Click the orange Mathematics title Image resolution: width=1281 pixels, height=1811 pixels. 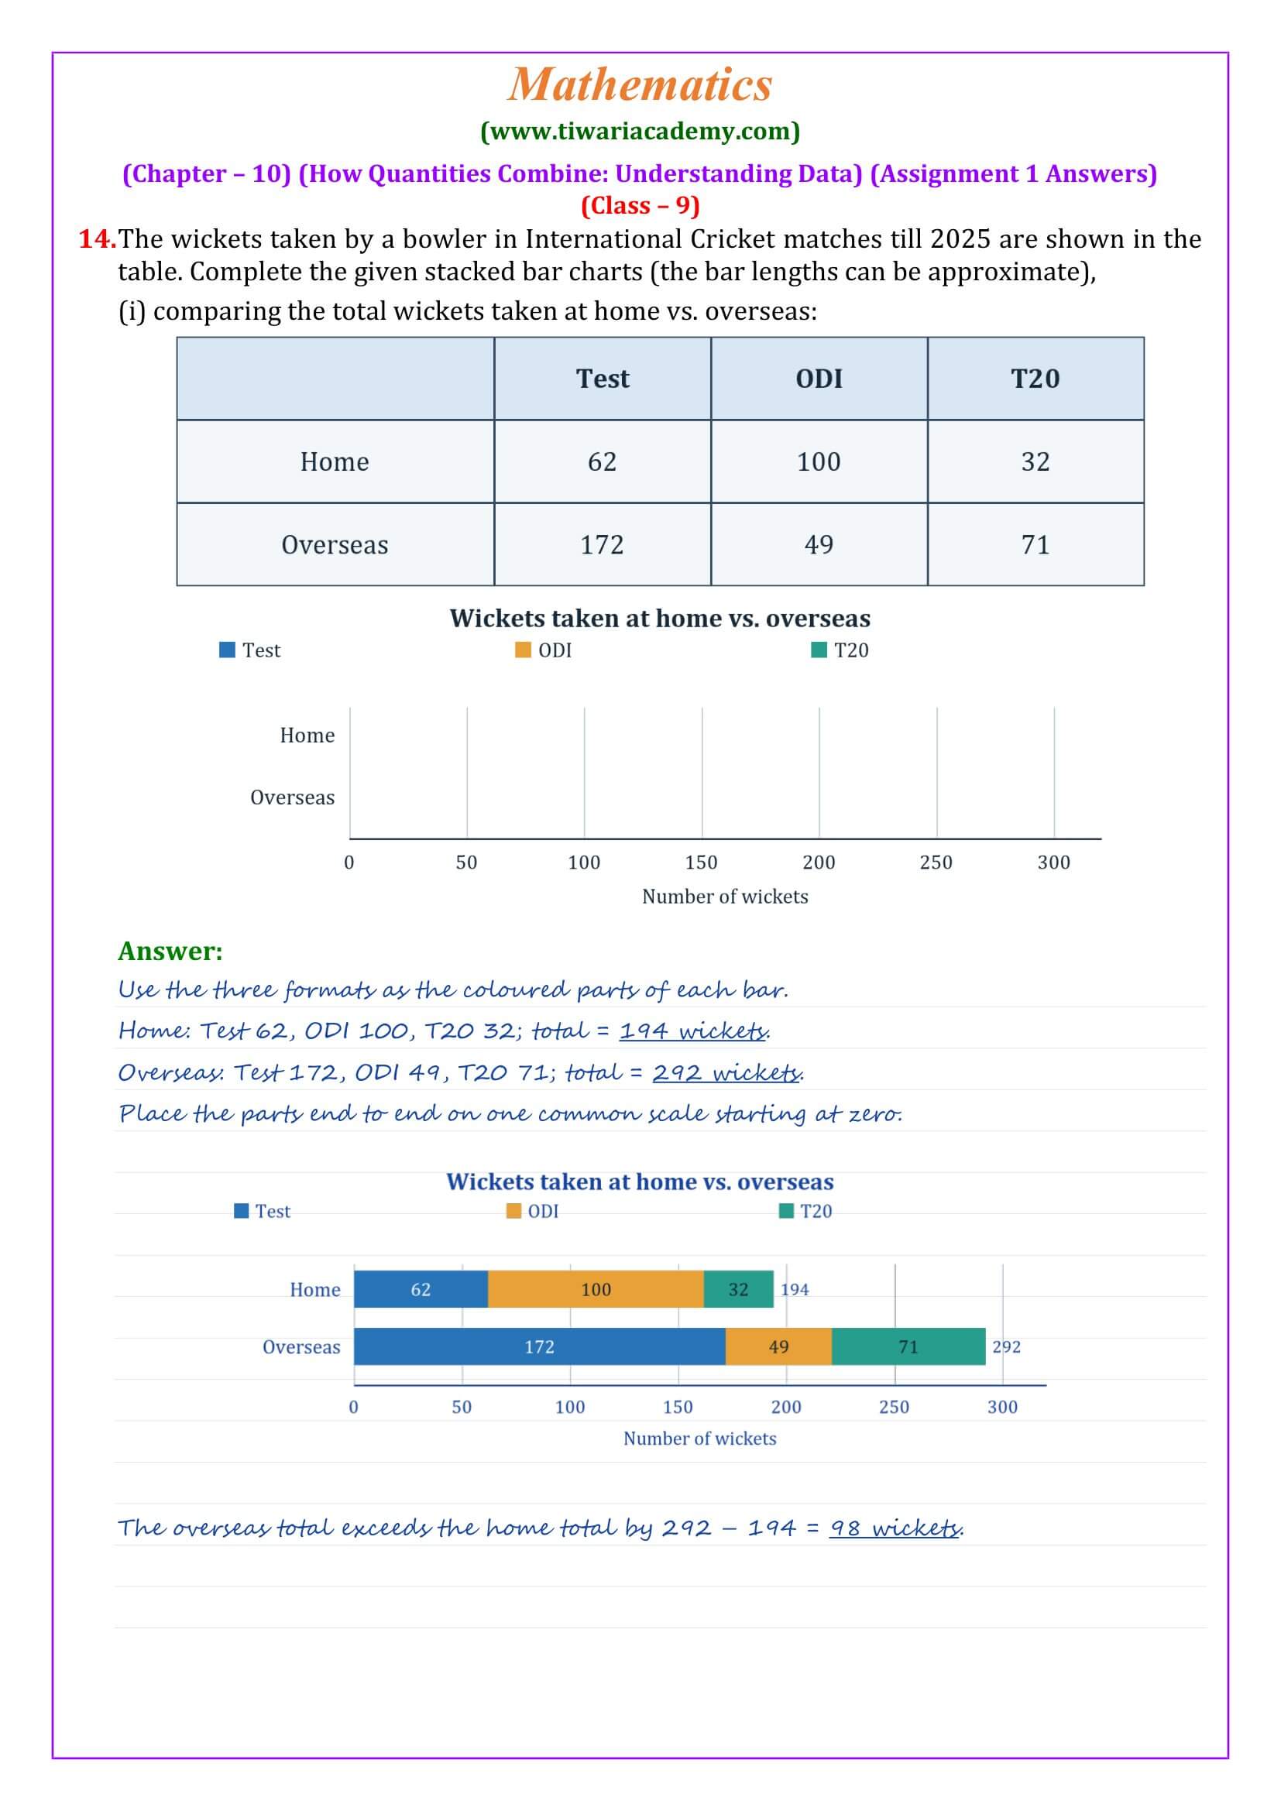[x=640, y=84]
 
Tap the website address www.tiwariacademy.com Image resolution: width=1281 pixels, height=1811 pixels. [x=640, y=131]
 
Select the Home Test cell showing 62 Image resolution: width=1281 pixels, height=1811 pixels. [x=603, y=461]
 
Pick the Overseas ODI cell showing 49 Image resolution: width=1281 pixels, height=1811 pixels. [x=819, y=544]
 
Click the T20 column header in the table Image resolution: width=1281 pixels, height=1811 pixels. [x=1035, y=379]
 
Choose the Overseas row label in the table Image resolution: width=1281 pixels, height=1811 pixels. [x=335, y=544]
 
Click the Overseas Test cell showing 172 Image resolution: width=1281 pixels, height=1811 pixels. [x=603, y=544]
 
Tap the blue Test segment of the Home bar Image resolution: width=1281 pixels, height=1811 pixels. [x=421, y=1289]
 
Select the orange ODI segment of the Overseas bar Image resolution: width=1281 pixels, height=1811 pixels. [x=778, y=1346]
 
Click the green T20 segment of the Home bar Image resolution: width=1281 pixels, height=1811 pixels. [x=738, y=1289]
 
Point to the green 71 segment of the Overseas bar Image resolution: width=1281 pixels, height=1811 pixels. [x=908, y=1346]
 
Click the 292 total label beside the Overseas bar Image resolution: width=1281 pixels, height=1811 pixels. [x=1007, y=1346]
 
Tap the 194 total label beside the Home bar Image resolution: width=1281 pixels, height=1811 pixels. [x=795, y=1289]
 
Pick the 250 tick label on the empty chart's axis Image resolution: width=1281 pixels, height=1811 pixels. [x=936, y=862]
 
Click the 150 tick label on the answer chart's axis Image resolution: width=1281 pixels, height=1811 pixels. [x=678, y=1406]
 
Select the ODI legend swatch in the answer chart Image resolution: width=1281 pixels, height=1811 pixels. [x=513, y=1211]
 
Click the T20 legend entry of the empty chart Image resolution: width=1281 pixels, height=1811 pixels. [x=840, y=650]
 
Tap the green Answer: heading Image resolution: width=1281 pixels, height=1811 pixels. [x=170, y=951]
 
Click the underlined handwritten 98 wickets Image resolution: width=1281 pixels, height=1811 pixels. [x=895, y=1528]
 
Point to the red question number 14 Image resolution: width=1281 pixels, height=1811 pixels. [x=97, y=238]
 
